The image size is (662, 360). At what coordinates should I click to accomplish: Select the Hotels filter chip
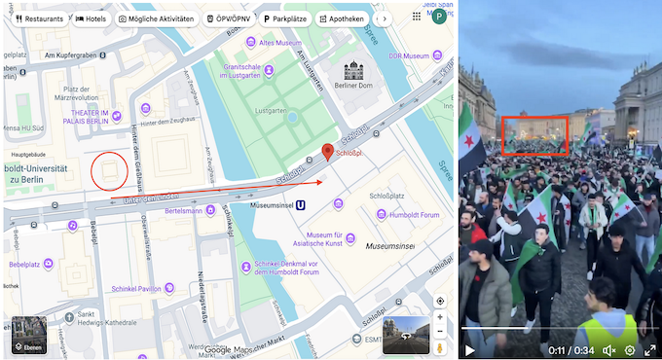91,18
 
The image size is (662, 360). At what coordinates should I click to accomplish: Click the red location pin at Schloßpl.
328,152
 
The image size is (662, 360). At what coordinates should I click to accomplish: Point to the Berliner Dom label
353,84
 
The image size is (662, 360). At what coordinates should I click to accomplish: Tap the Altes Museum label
280,43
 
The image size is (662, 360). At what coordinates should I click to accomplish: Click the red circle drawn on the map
108,171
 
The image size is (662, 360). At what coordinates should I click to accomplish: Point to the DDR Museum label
409,55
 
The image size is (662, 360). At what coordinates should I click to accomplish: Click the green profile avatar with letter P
439,17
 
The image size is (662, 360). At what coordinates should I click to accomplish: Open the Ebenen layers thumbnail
26,334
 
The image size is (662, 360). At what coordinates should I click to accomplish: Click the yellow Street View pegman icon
440,347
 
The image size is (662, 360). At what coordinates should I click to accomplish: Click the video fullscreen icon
650,349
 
